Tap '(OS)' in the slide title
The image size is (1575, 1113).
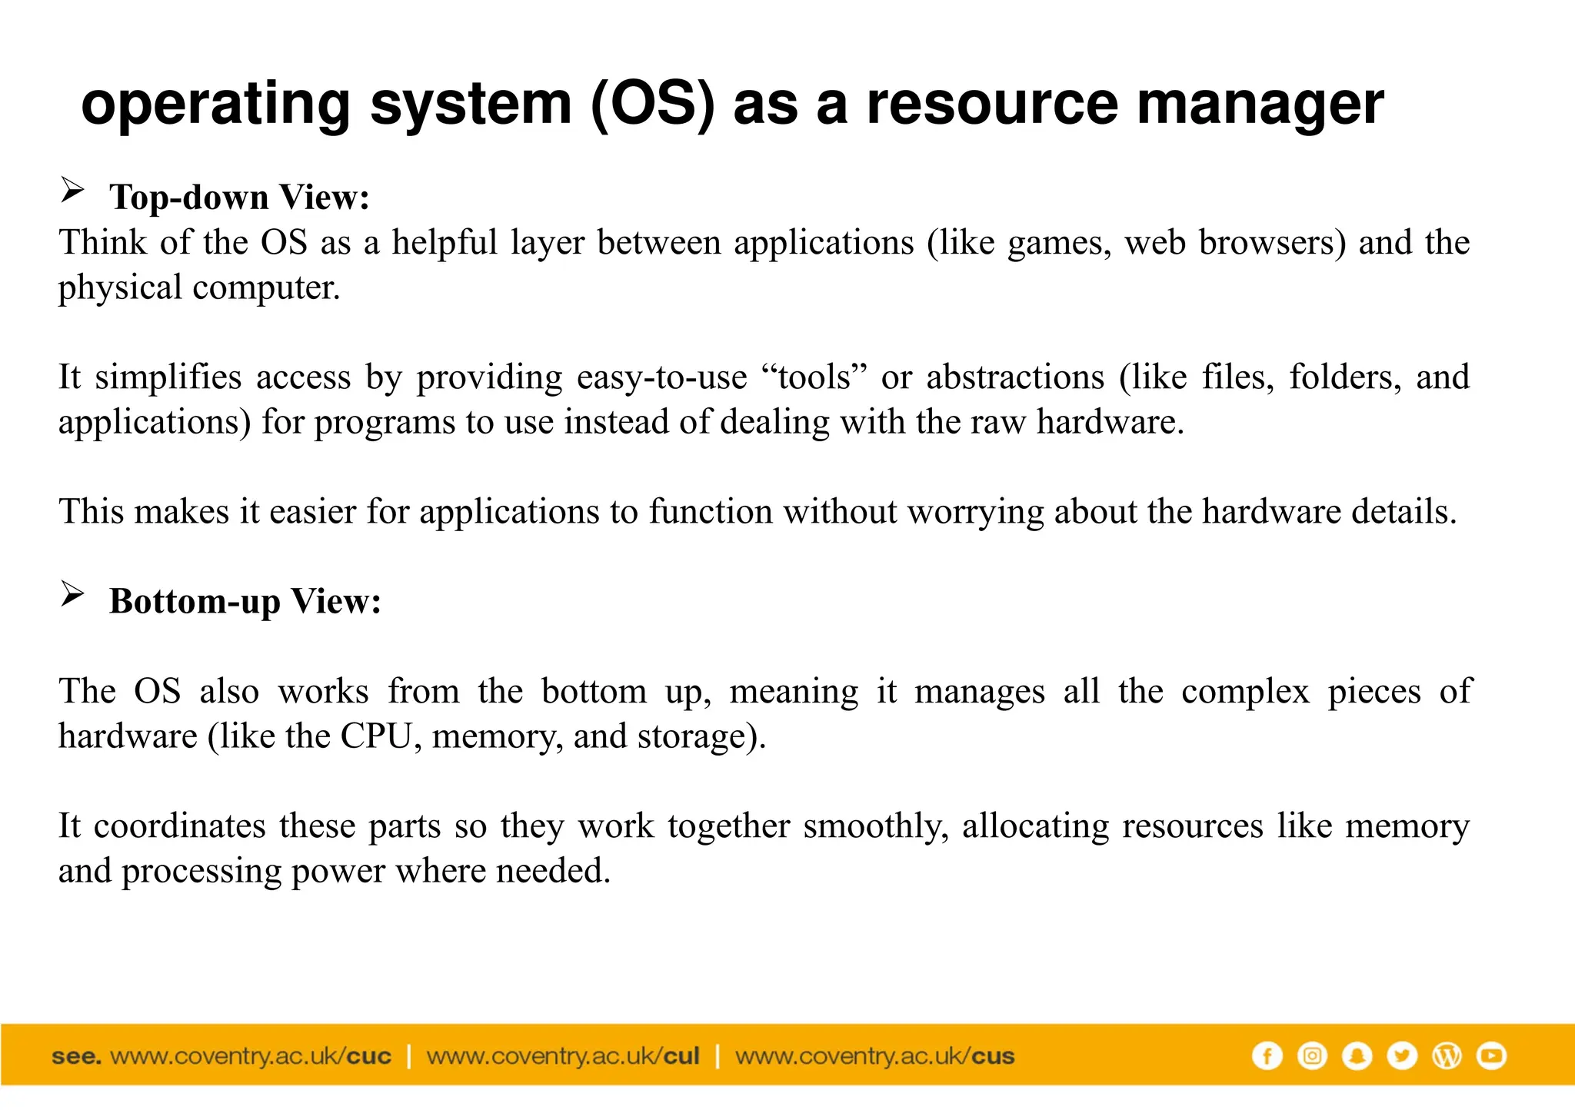(x=653, y=105)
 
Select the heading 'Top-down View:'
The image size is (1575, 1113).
(x=239, y=198)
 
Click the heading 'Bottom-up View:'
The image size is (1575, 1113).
(x=245, y=601)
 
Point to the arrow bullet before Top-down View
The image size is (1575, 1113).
(x=72, y=190)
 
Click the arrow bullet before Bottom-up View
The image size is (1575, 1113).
(x=72, y=594)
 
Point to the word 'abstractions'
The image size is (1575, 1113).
(x=1015, y=377)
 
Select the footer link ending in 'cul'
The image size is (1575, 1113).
(x=563, y=1056)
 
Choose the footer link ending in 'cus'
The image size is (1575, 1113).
(x=874, y=1056)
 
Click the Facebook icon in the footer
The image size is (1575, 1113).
(x=1267, y=1056)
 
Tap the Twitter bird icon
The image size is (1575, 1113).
(x=1401, y=1056)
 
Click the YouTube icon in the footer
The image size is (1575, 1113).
(x=1491, y=1056)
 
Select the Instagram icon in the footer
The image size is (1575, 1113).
(x=1312, y=1056)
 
